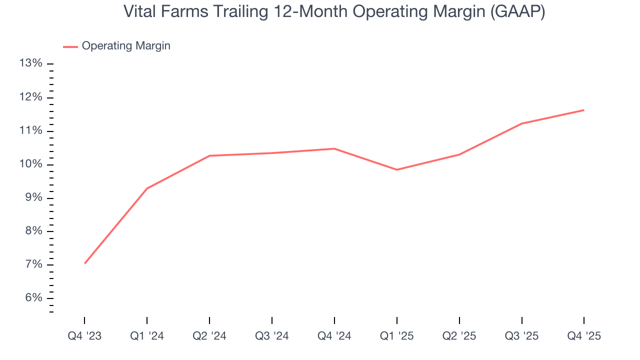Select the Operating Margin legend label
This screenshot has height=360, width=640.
[126, 46]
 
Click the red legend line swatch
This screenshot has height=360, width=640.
[70, 46]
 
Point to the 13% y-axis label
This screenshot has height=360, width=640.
[30, 63]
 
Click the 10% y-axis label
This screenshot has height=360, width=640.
[30, 164]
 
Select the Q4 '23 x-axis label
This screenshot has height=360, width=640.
[84, 336]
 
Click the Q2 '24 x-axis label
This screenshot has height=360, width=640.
[209, 336]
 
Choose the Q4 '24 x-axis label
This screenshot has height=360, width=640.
[334, 336]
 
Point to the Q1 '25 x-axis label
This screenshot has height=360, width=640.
[396, 336]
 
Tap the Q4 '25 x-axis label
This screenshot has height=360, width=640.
[583, 336]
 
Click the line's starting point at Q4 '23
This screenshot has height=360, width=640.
[84, 263]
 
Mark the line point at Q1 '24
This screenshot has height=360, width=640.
[147, 188]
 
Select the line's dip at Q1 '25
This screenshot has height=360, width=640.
[396, 169]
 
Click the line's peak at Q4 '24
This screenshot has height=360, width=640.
[334, 148]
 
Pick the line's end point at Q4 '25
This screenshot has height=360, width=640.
[583, 110]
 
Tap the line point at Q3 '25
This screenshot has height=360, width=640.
[521, 123]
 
